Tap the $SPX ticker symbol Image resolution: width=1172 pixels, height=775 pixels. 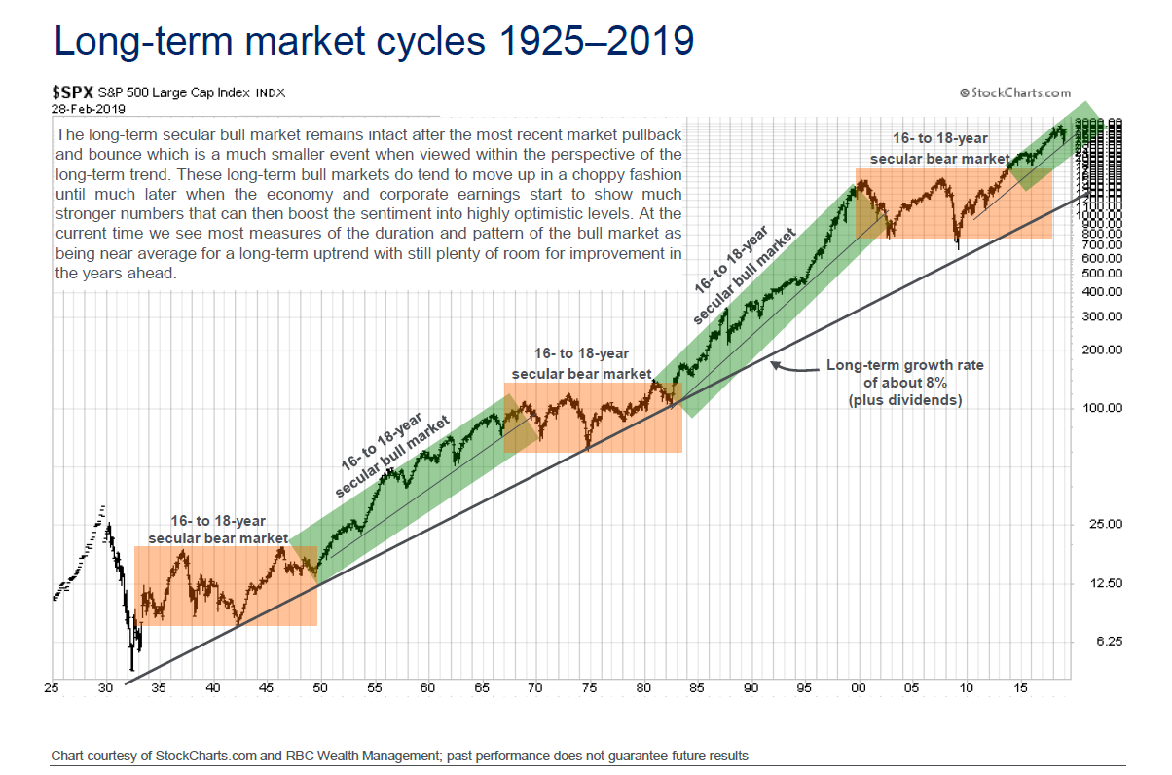click(73, 92)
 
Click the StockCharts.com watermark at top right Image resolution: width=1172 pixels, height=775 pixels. click(1014, 92)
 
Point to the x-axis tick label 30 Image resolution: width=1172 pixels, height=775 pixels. click(105, 688)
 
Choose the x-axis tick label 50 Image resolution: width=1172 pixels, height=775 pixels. click(320, 688)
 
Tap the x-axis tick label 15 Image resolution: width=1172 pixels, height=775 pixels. click(1020, 688)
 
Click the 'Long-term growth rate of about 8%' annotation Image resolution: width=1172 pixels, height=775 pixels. click(904, 383)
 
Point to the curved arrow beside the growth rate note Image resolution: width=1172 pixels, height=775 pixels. click(793, 368)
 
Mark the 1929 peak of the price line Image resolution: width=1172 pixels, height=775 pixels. click(103, 506)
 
